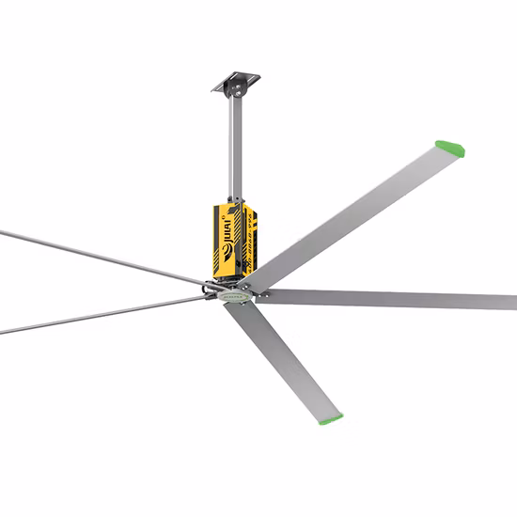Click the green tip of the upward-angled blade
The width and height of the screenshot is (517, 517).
pos(449,148)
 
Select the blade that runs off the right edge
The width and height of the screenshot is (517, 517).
pos(395,299)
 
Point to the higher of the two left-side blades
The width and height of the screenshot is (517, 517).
pos(94,253)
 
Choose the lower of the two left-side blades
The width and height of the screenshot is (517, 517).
pos(94,317)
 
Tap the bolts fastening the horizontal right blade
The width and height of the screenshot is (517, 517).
pos(264,295)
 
